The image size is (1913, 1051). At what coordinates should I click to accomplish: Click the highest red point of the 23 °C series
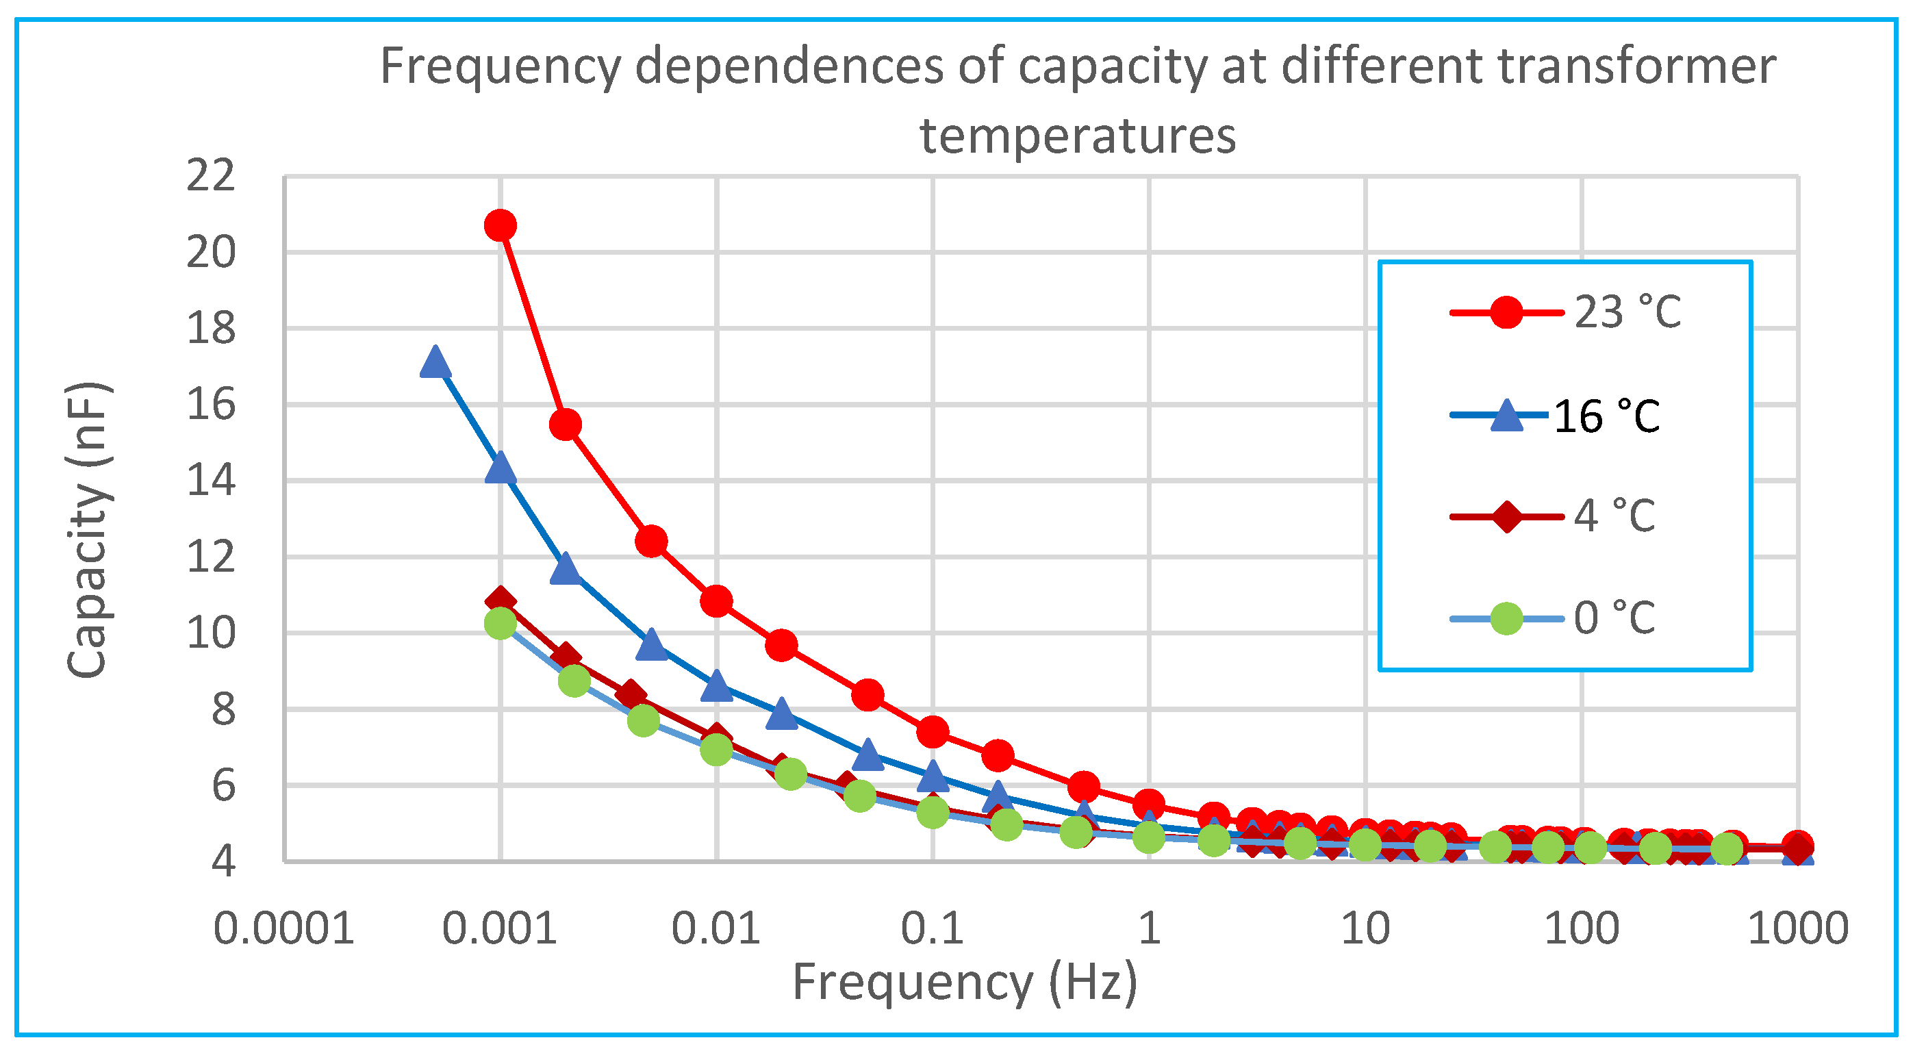coord(500,225)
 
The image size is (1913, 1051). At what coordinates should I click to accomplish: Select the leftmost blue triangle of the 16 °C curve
coord(435,363)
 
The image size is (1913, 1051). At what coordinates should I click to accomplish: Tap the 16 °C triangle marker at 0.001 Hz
coord(500,468)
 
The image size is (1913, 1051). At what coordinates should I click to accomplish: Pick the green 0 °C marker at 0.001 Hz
coord(500,623)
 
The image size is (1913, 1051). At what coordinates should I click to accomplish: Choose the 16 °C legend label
coord(1606,416)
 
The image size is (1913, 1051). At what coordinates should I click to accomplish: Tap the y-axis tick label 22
coord(210,177)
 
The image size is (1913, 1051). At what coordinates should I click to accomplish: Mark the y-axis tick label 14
coord(210,481)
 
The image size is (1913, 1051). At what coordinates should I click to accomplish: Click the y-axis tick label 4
coord(223,861)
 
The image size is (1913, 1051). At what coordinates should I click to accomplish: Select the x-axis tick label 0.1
coord(932,928)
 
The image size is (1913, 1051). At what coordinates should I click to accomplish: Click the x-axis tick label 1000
coord(1797,928)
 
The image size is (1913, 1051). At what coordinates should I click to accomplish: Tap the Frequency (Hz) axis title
coord(964,983)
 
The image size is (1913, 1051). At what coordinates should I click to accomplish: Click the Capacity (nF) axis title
coord(88,529)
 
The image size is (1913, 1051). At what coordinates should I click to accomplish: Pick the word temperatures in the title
coord(1078,137)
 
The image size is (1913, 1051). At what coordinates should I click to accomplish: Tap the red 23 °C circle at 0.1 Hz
coord(933,733)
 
